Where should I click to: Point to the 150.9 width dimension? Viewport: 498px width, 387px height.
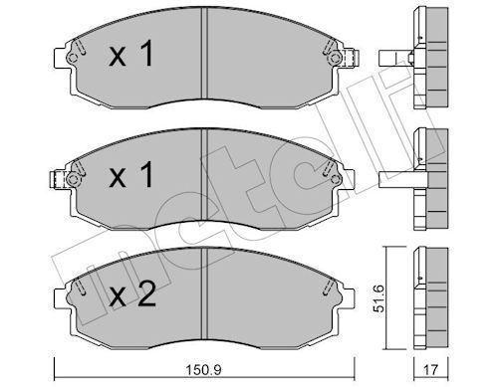(x=202, y=374)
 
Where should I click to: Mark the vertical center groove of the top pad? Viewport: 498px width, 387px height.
(x=203, y=60)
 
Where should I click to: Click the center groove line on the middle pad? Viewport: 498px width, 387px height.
(x=203, y=179)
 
